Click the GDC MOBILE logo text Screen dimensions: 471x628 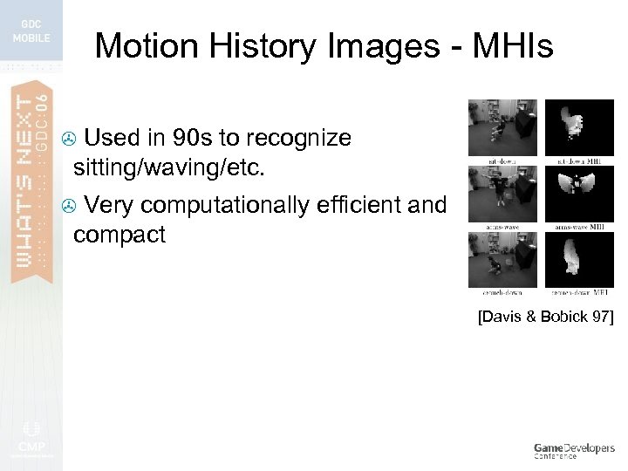(31, 31)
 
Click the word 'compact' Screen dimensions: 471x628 (119, 234)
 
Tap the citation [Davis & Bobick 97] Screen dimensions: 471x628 (545, 317)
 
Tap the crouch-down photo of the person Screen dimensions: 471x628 (502, 258)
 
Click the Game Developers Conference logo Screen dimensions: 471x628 (574, 450)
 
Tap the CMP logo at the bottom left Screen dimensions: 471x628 (31, 436)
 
